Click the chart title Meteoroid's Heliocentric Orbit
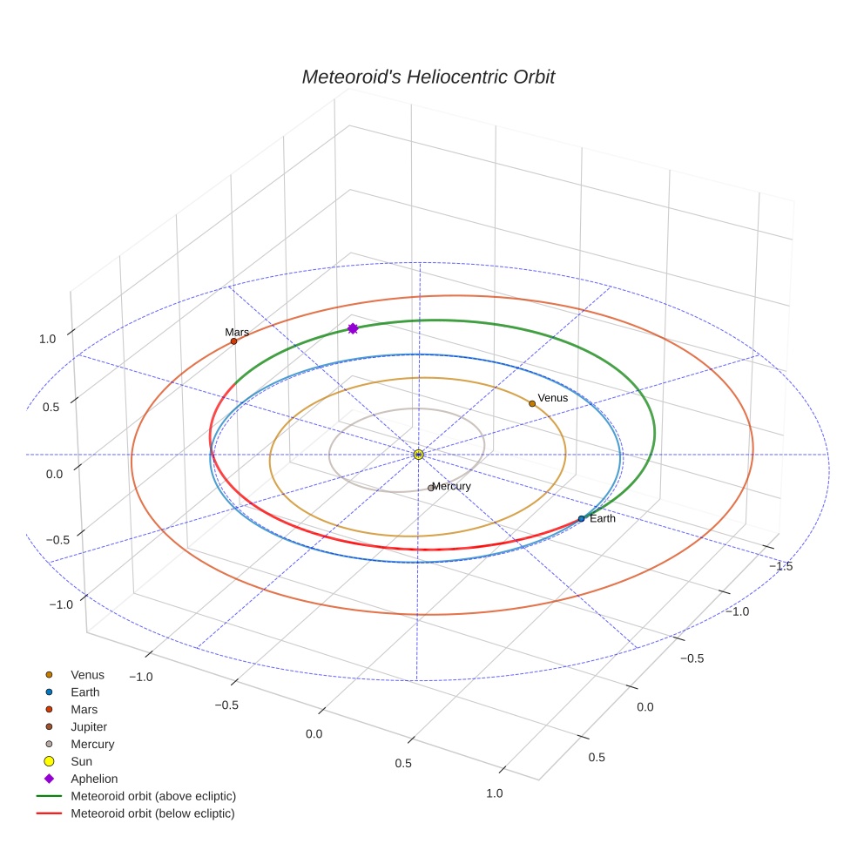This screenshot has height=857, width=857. (x=428, y=77)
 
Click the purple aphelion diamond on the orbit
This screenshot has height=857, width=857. (x=353, y=328)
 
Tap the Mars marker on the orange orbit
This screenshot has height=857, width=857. (x=233, y=341)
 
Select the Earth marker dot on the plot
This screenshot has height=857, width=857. (x=581, y=519)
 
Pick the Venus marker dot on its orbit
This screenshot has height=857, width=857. (x=532, y=403)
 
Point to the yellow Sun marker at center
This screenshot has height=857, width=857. (x=419, y=455)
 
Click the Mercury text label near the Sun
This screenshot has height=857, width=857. (x=452, y=486)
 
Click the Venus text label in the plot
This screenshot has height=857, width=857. (x=553, y=398)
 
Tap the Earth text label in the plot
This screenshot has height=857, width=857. (x=603, y=519)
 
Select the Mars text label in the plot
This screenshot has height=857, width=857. (x=237, y=332)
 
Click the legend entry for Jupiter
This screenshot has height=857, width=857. (x=89, y=727)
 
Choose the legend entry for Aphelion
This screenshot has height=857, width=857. (x=94, y=779)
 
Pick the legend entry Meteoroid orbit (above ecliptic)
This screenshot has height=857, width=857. (x=153, y=796)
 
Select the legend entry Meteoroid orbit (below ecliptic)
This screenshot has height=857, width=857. (x=153, y=813)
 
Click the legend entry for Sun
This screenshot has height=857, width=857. (x=81, y=761)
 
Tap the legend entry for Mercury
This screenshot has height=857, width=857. (x=92, y=745)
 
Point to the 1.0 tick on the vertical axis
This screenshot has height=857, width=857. (x=48, y=340)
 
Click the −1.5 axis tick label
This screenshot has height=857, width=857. (x=781, y=566)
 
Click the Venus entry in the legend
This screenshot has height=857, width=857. (x=87, y=675)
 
